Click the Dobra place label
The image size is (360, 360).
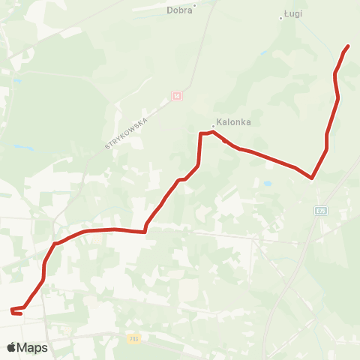pyautogui.click(x=179, y=10)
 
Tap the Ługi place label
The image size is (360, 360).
pyautogui.click(x=293, y=13)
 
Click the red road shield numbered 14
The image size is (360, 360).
pyautogui.click(x=176, y=96)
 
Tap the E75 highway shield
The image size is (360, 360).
pyautogui.click(x=320, y=211)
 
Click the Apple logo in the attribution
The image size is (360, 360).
pyautogui.click(x=11, y=347)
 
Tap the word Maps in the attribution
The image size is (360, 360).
pyautogui.click(x=33, y=347)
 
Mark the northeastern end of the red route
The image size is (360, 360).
pyautogui.click(x=349, y=46)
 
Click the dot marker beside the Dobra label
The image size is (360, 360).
pyautogui.click(x=194, y=5)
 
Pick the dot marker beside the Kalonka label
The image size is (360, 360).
pyautogui.click(x=214, y=126)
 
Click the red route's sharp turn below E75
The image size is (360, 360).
pyautogui.click(x=311, y=178)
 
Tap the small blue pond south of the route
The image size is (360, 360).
pyautogui.click(x=266, y=183)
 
